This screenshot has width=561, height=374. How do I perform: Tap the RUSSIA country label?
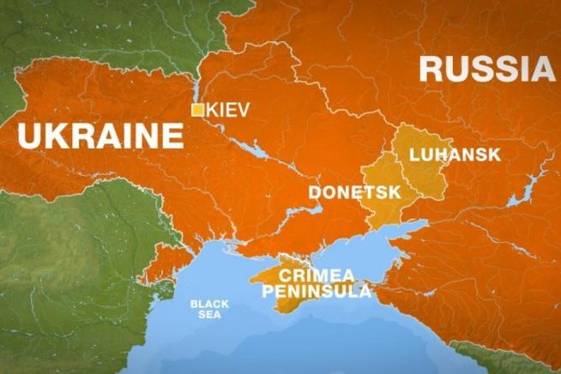coord(485,68)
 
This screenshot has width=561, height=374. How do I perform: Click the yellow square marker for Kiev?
coord(197,110)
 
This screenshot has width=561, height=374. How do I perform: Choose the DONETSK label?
coord(354,191)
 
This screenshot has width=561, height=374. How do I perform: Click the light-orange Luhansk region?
coord(429,176)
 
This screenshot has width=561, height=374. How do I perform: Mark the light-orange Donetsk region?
coord(382,210)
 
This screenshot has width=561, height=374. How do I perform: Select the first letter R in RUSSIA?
coord(433,68)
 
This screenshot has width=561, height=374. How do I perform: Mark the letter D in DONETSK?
coord(315,191)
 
